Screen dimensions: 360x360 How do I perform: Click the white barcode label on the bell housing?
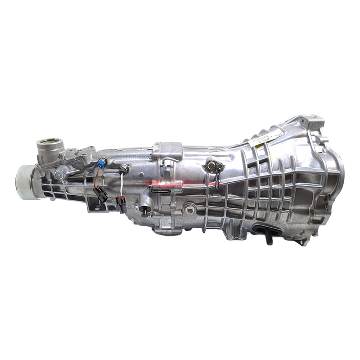point(266,137)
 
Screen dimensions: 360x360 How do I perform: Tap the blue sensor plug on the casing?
point(103,162)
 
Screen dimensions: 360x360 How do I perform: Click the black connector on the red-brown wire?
point(102,194)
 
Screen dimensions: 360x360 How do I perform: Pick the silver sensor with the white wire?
point(123,170)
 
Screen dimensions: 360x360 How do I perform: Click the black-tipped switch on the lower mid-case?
point(144,209)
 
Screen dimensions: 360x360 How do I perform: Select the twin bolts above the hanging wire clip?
point(214,166)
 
